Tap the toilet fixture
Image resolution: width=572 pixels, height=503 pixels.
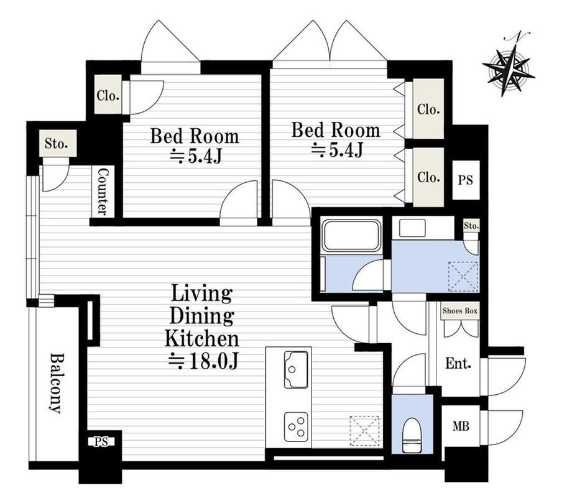412,435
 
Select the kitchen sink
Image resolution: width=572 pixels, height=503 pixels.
296,369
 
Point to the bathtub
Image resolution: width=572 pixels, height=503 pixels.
352,235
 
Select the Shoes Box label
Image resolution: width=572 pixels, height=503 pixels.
459,311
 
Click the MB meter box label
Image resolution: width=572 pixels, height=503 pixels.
461,426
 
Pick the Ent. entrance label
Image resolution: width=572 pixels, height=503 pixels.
458,363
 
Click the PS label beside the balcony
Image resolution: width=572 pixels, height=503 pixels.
101,442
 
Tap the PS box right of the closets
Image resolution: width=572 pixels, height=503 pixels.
466,180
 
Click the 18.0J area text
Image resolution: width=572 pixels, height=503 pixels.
203,361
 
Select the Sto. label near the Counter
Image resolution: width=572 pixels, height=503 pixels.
57,144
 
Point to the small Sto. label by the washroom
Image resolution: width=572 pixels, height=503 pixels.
471,226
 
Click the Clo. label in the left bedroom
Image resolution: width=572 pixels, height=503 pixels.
108,96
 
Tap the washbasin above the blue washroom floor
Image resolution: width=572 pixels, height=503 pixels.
412,228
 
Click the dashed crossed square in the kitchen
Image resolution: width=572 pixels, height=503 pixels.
364,431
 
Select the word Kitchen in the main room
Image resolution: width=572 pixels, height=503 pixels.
202,338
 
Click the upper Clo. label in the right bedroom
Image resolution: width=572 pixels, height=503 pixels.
428,109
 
